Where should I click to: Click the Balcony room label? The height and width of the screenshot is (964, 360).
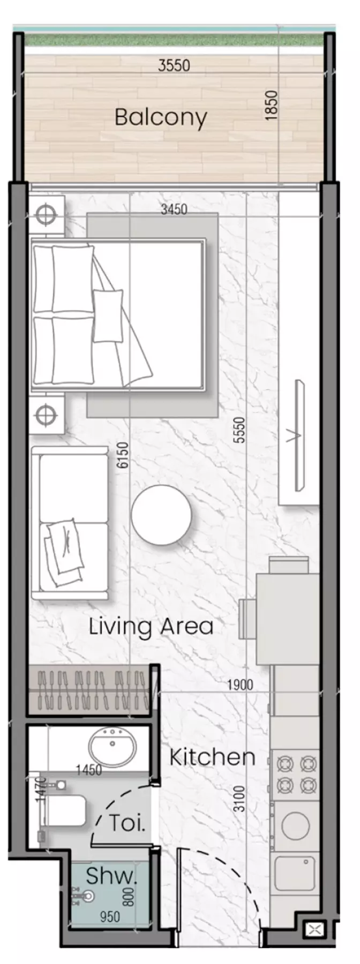(161, 117)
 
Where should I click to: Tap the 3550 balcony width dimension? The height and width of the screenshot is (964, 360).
(174, 66)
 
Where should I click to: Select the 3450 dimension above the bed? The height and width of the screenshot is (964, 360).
(174, 209)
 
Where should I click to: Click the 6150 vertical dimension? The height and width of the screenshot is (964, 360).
(124, 455)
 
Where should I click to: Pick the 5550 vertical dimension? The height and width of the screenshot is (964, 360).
(239, 430)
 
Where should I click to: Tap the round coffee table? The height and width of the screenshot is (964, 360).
(161, 515)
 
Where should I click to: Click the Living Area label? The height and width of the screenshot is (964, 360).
(151, 626)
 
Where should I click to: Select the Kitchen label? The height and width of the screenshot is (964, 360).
(212, 757)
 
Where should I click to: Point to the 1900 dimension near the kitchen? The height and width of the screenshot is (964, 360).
(239, 684)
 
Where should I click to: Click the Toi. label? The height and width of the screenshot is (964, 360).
(127, 823)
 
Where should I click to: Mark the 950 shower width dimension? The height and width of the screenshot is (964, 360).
(110, 917)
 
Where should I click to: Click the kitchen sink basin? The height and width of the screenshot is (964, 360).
(295, 873)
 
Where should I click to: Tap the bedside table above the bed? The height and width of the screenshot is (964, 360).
(47, 216)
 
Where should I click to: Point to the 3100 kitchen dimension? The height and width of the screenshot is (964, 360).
(239, 798)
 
